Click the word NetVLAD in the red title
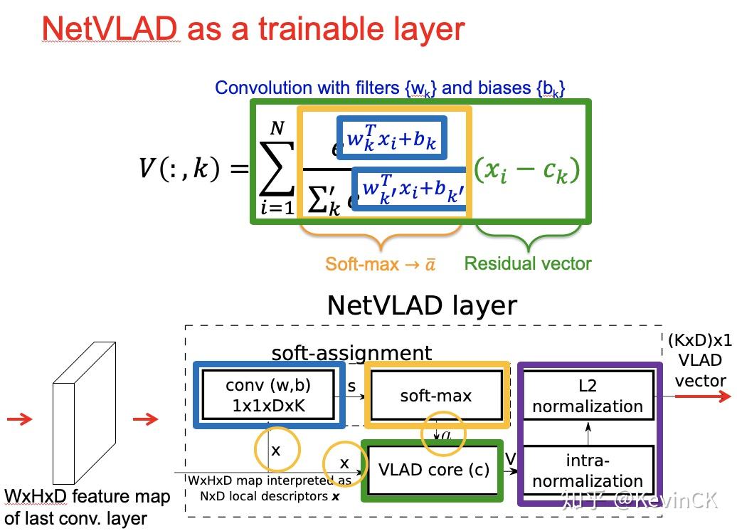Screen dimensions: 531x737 pos(109,28)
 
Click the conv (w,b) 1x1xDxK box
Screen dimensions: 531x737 pos(268,394)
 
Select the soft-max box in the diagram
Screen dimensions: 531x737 pos(436,395)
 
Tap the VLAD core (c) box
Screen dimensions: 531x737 pos(434,470)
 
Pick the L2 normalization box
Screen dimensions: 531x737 pos(587,396)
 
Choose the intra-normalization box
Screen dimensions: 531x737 pos(587,470)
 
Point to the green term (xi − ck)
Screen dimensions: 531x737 pos(527,171)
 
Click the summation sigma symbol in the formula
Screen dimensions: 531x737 pos(277,169)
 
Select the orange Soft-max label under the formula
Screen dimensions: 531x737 pos(380,264)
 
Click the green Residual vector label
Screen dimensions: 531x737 pos(528,263)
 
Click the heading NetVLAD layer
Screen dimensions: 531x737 pos(421,305)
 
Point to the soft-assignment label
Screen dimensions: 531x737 pos(351,353)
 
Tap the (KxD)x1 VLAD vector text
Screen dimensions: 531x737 pos(700,360)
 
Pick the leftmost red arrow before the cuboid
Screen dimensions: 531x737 pos(19,419)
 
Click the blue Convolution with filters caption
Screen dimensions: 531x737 pos(390,88)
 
